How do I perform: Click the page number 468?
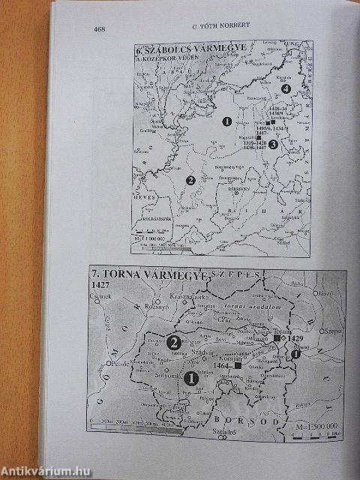click(99, 30)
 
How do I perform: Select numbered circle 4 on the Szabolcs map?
click(284, 89)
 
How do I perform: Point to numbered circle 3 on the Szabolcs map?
click(273, 143)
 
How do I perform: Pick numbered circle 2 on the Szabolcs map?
click(190, 180)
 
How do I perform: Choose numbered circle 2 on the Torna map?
click(173, 343)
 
